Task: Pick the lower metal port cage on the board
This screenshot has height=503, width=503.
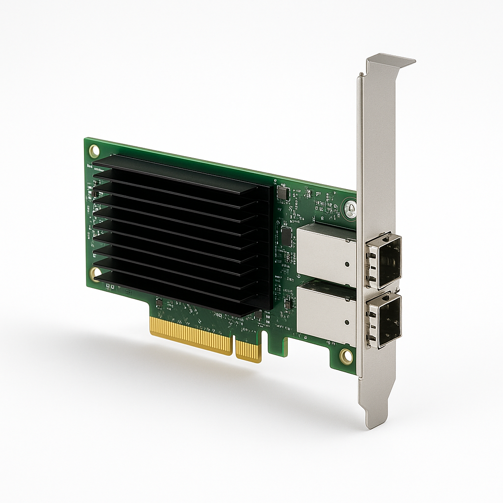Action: (x=325, y=310)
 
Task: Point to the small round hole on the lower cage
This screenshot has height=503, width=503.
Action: (x=347, y=323)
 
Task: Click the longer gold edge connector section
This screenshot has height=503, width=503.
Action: (x=191, y=336)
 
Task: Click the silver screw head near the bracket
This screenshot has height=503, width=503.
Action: (x=350, y=208)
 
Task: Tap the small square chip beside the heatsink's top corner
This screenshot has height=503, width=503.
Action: (x=282, y=193)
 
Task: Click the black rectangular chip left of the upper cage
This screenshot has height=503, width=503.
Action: (x=287, y=236)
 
